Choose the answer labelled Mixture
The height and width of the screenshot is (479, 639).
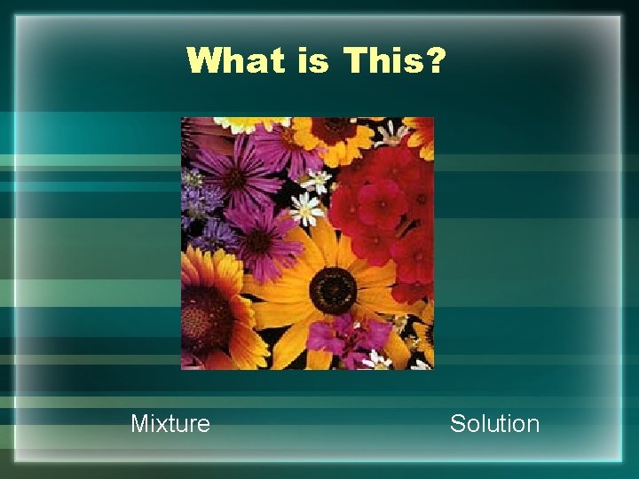(170, 424)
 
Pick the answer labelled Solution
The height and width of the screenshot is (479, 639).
(494, 424)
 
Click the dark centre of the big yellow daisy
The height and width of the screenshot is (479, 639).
(333, 289)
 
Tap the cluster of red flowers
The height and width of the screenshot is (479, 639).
(386, 208)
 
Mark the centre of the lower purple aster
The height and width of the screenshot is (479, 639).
(260, 239)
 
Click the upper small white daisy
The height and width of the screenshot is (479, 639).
(317, 181)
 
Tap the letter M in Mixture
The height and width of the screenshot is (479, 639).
(139, 424)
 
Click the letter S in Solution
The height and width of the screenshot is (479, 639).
(457, 424)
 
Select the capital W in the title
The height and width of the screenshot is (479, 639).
(205, 62)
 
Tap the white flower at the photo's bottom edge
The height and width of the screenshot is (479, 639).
(376, 359)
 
